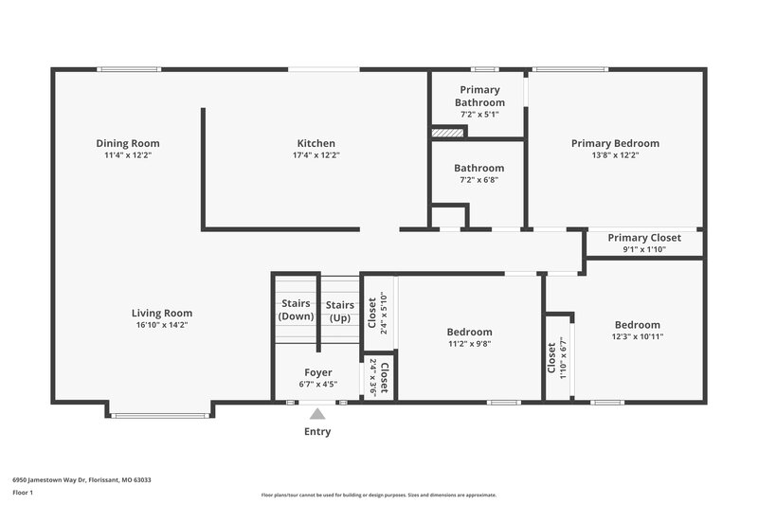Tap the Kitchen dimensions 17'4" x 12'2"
pyautogui.click(x=316, y=155)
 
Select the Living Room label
pyautogui.click(x=161, y=313)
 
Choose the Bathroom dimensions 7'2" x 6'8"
pyautogui.click(x=478, y=180)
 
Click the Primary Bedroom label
pyautogui.click(x=614, y=143)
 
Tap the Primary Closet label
pyautogui.click(x=643, y=238)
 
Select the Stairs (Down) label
pyautogui.click(x=297, y=310)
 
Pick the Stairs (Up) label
pyautogui.click(x=340, y=310)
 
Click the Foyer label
pyautogui.click(x=317, y=372)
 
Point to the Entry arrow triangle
pyautogui.click(x=317, y=411)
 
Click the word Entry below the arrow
pyautogui.click(x=317, y=432)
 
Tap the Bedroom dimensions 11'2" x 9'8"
pyautogui.click(x=469, y=344)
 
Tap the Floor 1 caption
pyautogui.click(x=23, y=494)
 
